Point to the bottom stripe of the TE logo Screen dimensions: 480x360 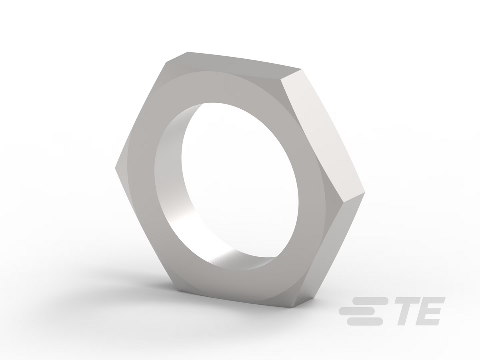tap(365, 322)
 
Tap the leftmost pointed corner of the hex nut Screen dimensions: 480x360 tap(115, 168)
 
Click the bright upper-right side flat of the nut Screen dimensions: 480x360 tap(322, 136)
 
